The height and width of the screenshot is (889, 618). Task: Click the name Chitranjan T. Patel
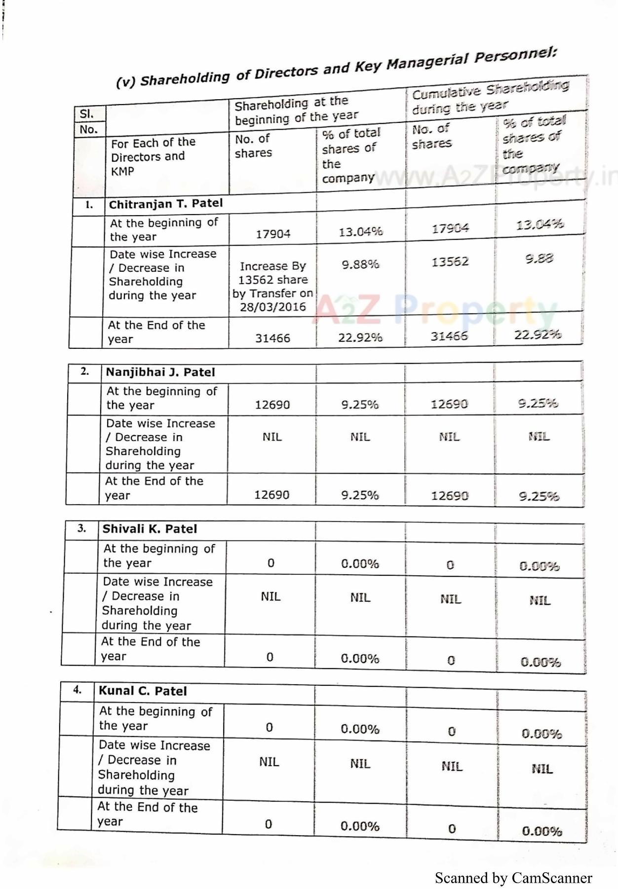pos(166,204)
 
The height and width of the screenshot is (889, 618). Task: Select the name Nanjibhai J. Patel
pos(160,372)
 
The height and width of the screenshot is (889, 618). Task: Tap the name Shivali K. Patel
pos(150,529)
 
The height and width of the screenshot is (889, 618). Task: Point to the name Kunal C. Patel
pos(143,691)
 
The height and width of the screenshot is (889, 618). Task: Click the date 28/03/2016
pos(273,307)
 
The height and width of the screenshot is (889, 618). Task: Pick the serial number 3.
pos(82,528)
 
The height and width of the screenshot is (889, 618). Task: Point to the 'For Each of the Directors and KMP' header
pos(153,157)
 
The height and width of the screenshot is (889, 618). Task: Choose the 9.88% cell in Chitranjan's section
pos(360,265)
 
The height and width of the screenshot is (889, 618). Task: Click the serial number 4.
pos(77,690)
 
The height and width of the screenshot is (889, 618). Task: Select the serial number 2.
pos(85,371)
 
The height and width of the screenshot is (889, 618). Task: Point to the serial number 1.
pos(89,205)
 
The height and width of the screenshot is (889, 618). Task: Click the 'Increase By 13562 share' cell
pos(273,273)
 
